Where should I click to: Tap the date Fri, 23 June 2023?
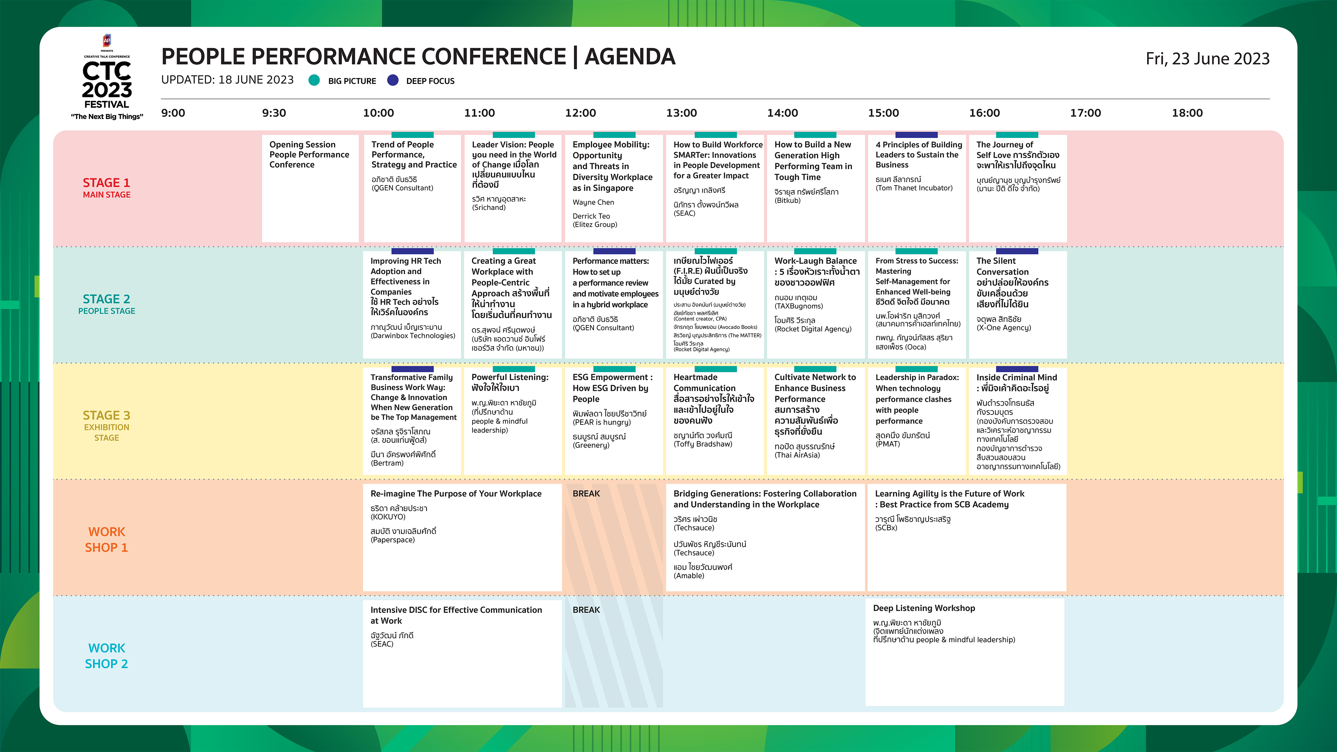click(x=1207, y=58)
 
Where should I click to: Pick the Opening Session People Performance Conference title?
click(x=309, y=155)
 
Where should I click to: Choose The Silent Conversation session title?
click(x=1012, y=282)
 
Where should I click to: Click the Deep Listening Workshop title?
click(x=924, y=608)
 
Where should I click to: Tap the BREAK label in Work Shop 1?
click(x=586, y=494)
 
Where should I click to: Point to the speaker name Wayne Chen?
click(x=593, y=203)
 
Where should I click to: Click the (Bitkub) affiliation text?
click(x=787, y=200)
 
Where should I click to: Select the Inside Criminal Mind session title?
click(x=1016, y=382)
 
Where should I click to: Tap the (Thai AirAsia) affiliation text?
click(x=797, y=455)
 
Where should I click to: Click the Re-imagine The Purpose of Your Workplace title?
click(x=456, y=494)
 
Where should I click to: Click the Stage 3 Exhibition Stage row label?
click(x=106, y=425)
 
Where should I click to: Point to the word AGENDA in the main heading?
click(x=630, y=56)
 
